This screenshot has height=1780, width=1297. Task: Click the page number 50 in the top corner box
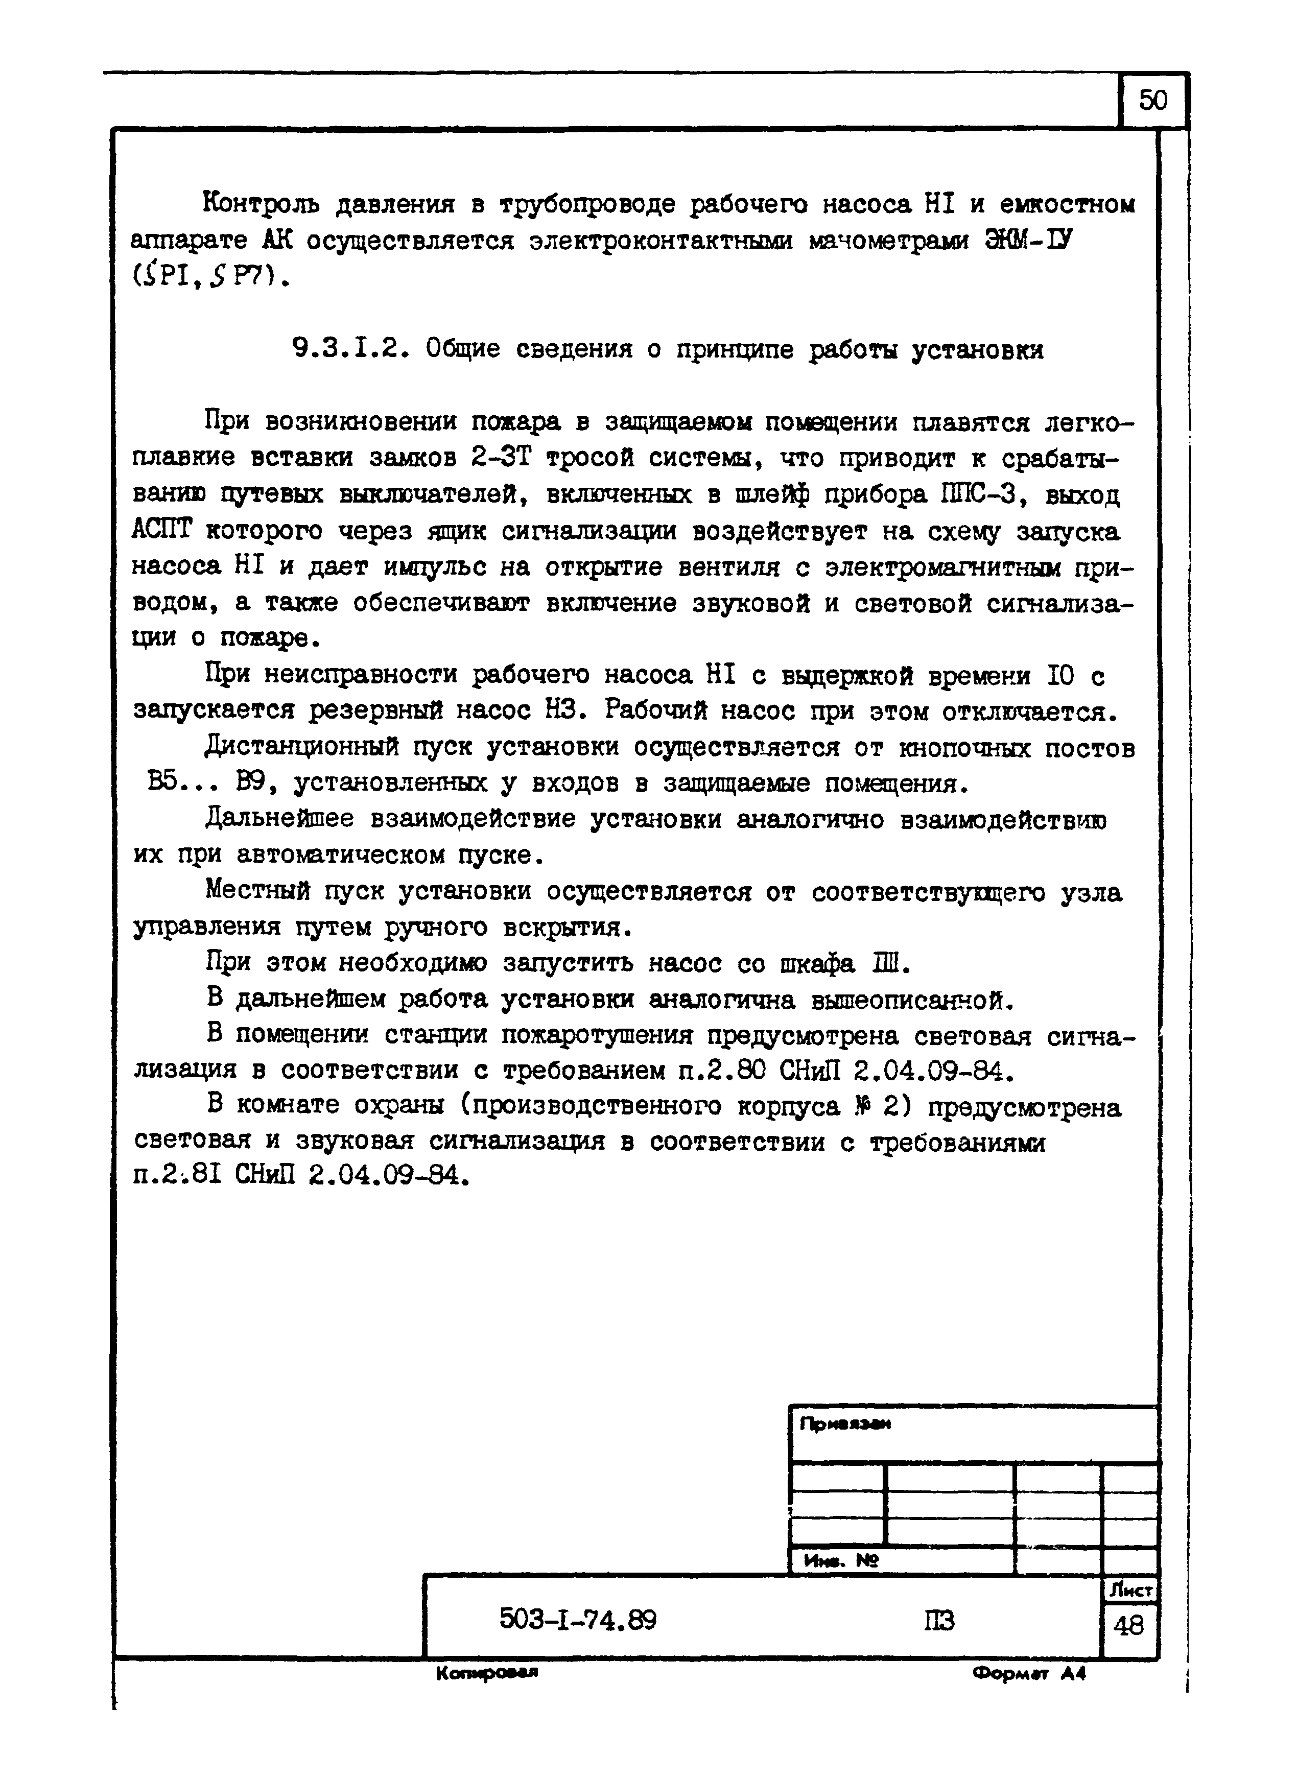click(x=1152, y=101)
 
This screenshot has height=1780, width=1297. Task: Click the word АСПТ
click(x=162, y=531)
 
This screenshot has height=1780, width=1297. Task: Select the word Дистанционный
click(x=302, y=748)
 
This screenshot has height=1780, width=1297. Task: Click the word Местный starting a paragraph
click(x=257, y=892)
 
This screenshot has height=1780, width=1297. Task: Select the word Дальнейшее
click(x=279, y=819)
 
